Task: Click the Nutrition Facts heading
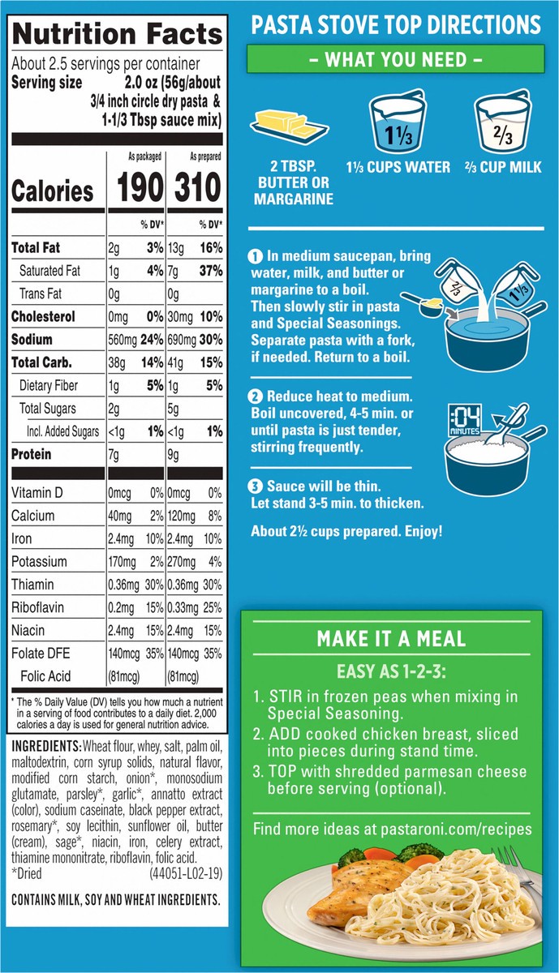118,34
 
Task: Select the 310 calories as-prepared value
195,188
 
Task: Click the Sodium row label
32,340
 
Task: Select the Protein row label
31,455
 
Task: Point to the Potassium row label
38,561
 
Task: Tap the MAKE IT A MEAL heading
391,638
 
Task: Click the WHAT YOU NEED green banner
395,59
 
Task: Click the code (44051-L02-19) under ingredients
186,875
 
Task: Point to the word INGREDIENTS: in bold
45,746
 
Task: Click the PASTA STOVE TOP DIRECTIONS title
395,24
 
